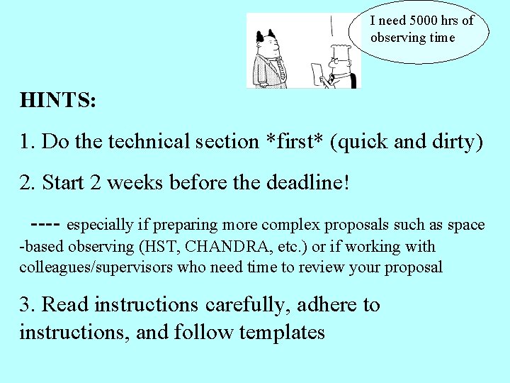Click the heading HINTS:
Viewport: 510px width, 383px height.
click(x=58, y=100)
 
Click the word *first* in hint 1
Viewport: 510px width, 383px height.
click(x=294, y=141)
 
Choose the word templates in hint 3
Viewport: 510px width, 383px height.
click(x=283, y=331)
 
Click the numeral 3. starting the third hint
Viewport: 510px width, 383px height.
click(x=28, y=305)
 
